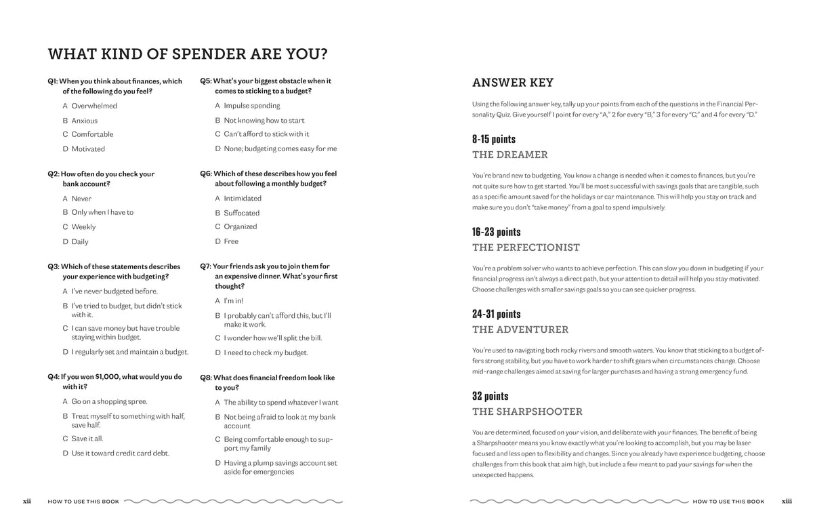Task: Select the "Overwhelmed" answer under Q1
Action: point(94,106)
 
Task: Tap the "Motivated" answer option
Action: point(88,149)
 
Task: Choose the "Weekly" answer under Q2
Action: point(83,227)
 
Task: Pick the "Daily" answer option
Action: point(80,242)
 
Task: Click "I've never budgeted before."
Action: point(114,291)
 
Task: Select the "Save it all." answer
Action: point(87,439)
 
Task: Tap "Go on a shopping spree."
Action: point(109,401)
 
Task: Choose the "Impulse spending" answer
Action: point(251,106)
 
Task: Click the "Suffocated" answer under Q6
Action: point(242,213)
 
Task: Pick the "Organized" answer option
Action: point(241,227)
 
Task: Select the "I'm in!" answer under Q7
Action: point(233,301)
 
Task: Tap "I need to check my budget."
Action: point(266,352)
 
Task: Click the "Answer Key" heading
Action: point(513,83)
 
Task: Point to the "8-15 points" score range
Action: point(494,140)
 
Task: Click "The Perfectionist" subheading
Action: point(526,247)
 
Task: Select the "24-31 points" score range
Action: point(497,314)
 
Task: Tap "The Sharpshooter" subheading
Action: point(527,411)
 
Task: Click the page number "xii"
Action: point(27,502)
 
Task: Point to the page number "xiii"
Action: point(787,502)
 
